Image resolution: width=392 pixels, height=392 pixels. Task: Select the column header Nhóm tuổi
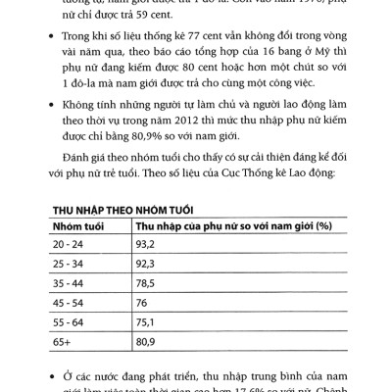coord(78,225)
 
